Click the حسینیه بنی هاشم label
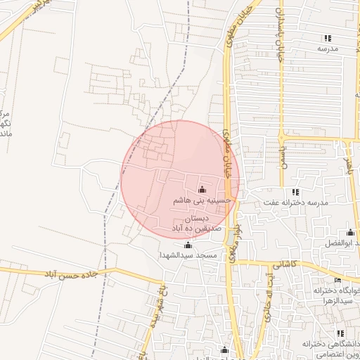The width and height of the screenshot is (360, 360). (x=202, y=200)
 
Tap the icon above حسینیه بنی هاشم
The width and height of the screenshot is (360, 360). (x=202, y=189)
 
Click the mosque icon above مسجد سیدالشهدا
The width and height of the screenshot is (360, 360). (x=188, y=245)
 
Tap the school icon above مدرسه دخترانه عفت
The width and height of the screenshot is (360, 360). (x=295, y=192)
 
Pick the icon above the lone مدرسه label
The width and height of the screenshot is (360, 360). (x=328, y=38)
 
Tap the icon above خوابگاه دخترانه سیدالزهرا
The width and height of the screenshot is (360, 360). (x=337, y=281)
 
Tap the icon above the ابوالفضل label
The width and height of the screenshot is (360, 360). (x=350, y=233)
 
